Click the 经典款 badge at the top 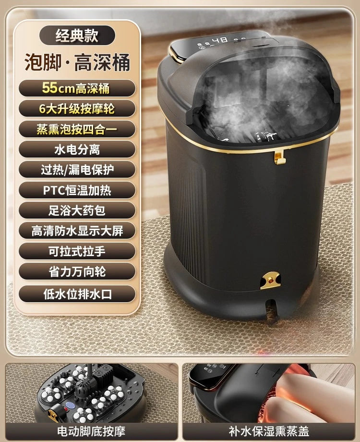point(77,35)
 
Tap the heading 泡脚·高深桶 point(77,62)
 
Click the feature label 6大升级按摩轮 point(77,109)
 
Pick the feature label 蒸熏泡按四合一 point(77,129)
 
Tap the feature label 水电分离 point(77,149)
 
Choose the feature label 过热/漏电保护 point(77,170)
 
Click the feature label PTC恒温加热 point(77,190)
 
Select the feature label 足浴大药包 point(77,210)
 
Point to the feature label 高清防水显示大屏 point(77,231)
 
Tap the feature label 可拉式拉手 point(77,251)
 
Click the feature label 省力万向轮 point(77,271)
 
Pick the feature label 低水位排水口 point(77,294)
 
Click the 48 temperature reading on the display point(220,40)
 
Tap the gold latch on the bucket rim point(280,157)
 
